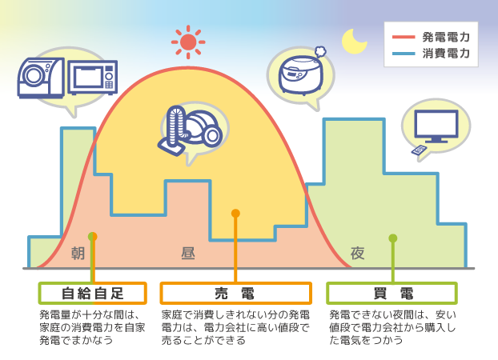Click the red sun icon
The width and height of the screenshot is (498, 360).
(x=188, y=42)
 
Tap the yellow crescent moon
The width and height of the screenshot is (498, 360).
(x=354, y=42)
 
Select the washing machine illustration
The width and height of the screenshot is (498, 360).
(x=41, y=78)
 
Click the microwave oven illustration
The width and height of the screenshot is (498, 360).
(x=93, y=78)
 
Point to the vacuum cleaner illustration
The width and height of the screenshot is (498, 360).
(x=190, y=130)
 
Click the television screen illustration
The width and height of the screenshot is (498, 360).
(x=436, y=126)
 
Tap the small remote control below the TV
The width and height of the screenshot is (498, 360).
(x=419, y=150)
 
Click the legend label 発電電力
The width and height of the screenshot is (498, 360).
(x=446, y=37)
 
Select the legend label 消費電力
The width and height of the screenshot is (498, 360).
(x=446, y=54)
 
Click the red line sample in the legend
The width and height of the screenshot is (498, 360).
(x=404, y=37)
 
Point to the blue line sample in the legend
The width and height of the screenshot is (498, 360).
(x=404, y=54)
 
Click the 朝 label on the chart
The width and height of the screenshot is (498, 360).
(x=78, y=254)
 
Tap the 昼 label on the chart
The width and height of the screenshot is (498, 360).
(x=188, y=254)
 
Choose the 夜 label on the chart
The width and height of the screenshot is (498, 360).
(x=357, y=254)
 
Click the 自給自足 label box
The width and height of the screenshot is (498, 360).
(x=92, y=293)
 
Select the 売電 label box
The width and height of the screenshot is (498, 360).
(x=235, y=293)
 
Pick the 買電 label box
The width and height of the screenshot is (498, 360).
(x=392, y=293)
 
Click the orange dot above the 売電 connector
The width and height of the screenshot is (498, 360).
(x=235, y=213)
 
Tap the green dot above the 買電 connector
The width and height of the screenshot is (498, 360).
(x=393, y=238)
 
